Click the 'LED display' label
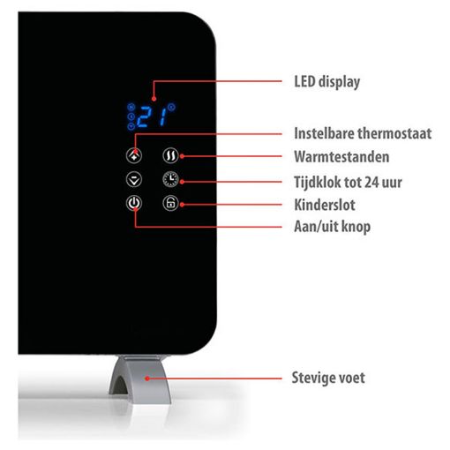click(327, 82)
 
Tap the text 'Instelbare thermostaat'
click(363, 133)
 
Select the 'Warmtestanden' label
click(341, 156)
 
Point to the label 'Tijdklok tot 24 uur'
click(348, 182)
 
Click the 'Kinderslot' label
click(325, 205)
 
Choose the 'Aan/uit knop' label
click(333, 227)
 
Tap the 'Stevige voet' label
click(328, 378)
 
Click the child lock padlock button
click(170, 203)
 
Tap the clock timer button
click(170, 179)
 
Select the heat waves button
click(170, 155)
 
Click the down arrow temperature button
click(134, 179)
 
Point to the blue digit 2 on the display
click(144, 116)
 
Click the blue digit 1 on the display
click(163, 116)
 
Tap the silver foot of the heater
click(139, 379)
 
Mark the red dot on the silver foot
click(147, 379)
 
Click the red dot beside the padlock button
click(182, 205)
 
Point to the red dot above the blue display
click(154, 99)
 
